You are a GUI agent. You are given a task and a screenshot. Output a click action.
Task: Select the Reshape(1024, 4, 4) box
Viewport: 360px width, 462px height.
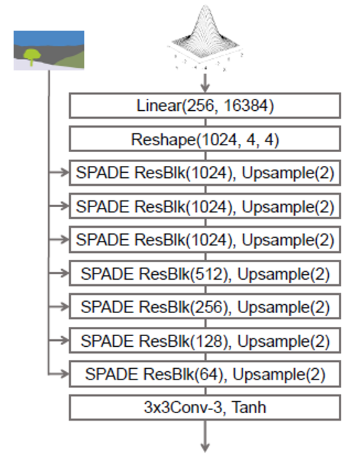pyautogui.click(x=205, y=139)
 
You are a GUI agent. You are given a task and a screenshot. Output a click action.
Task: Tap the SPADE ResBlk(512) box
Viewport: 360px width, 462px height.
pyautogui.click(x=205, y=273)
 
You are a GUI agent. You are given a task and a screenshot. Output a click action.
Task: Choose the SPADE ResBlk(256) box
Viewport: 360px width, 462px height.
pyautogui.click(x=205, y=306)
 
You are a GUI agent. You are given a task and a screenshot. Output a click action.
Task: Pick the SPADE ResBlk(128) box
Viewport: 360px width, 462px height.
pyautogui.click(x=205, y=341)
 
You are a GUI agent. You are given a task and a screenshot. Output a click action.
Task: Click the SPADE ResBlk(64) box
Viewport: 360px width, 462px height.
pyautogui.click(x=205, y=374)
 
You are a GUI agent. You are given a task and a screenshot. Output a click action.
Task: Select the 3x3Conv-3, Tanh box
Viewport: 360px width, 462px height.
pyautogui.click(x=205, y=408)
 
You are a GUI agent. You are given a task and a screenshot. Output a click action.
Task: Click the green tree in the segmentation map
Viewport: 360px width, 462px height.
pyautogui.click(x=32, y=56)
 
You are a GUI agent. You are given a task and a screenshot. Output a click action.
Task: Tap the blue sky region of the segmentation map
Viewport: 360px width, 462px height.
pyautogui.click(x=49, y=38)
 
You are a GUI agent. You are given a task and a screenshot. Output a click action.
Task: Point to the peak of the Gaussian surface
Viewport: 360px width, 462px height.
pyautogui.click(x=205, y=6)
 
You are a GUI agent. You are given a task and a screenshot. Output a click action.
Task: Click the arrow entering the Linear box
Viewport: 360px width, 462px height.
pyautogui.click(x=205, y=83)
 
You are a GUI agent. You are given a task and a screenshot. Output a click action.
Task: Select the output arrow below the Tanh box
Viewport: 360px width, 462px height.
pyautogui.click(x=205, y=436)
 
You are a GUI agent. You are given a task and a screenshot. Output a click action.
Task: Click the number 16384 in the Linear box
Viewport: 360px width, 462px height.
pyautogui.click(x=246, y=105)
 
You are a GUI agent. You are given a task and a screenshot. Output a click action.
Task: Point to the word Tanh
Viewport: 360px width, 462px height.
pyautogui.click(x=249, y=408)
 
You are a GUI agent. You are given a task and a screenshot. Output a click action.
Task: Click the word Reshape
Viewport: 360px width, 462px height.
pyautogui.click(x=163, y=140)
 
